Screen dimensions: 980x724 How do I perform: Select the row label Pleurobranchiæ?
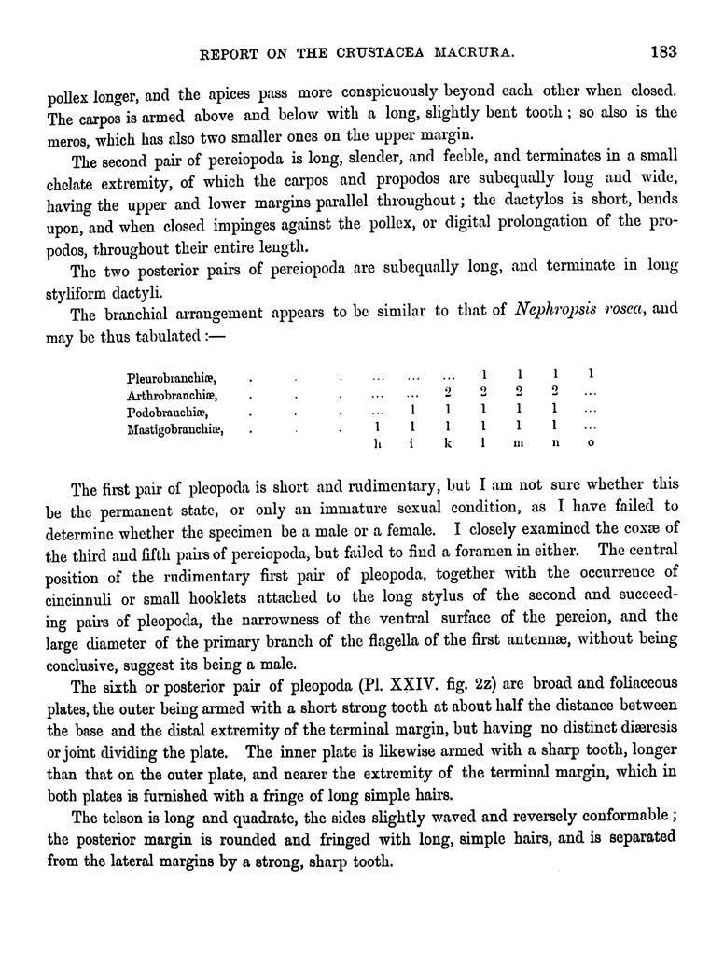pyautogui.click(x=171, y=378)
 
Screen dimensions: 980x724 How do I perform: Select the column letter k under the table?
pyautogui.click(x=448, y=446)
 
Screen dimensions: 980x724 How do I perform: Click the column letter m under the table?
pyautogui.click(x=520, y=446)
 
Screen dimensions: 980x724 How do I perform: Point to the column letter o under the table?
pyautogui.click(x=590, y=446)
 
